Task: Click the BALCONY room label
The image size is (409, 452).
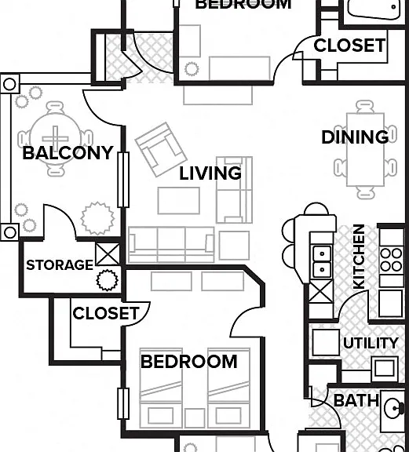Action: point(68,153)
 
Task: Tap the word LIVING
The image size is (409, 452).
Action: point(210,173)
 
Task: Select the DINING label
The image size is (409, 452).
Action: point(355,137)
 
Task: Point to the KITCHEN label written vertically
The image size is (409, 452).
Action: point(359,257)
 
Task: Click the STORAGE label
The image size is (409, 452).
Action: point(60,265)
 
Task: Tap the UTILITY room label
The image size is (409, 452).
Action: point(371,343)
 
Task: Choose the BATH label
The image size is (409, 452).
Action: point(356,401)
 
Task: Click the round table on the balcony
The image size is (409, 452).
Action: point(55,139)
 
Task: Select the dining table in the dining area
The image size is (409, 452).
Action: point(366,150)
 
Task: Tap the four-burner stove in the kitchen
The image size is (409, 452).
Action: point(392,261)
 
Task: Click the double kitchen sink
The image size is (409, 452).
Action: point(322,262)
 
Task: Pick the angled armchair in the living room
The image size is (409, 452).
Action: point(161,150)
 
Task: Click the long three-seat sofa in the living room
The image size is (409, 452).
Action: point(171,245)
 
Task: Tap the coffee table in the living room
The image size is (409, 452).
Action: point(178,201)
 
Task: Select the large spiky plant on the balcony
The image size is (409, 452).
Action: point(97,218)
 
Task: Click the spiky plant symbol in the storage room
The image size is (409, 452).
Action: point(107,280)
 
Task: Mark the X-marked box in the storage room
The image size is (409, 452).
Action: point(108,254)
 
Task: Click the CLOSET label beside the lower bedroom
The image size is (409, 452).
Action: point(106,313)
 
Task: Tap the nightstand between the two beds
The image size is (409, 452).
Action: point(195,417)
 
